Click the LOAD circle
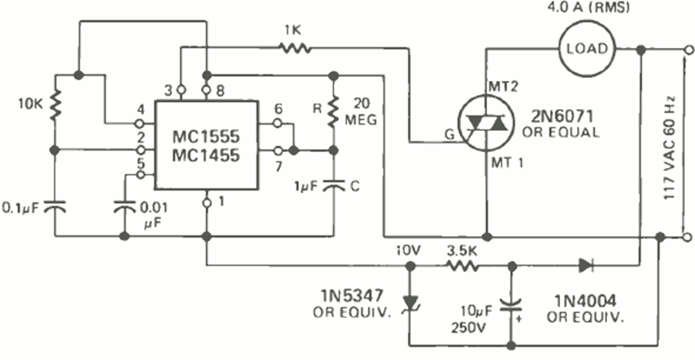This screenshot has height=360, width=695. (588, 49)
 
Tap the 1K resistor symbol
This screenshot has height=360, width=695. (296, 48)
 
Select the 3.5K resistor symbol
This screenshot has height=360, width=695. (463, 267)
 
